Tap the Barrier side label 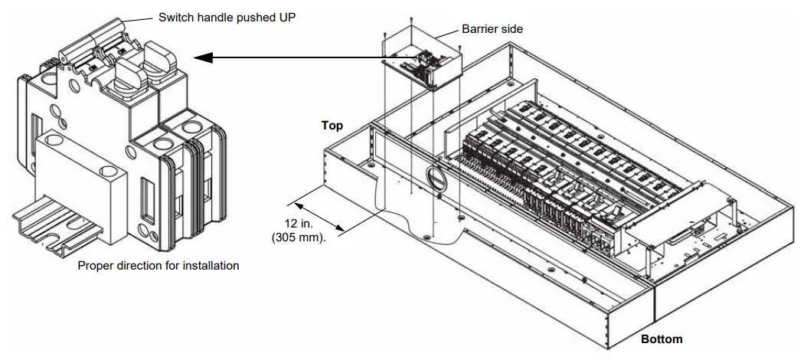point(492,29)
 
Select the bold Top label point(332,126)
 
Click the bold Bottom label point(661,339)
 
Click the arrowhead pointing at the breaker point(201,57)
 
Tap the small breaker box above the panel point(423,57)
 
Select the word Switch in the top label point(175,17)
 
